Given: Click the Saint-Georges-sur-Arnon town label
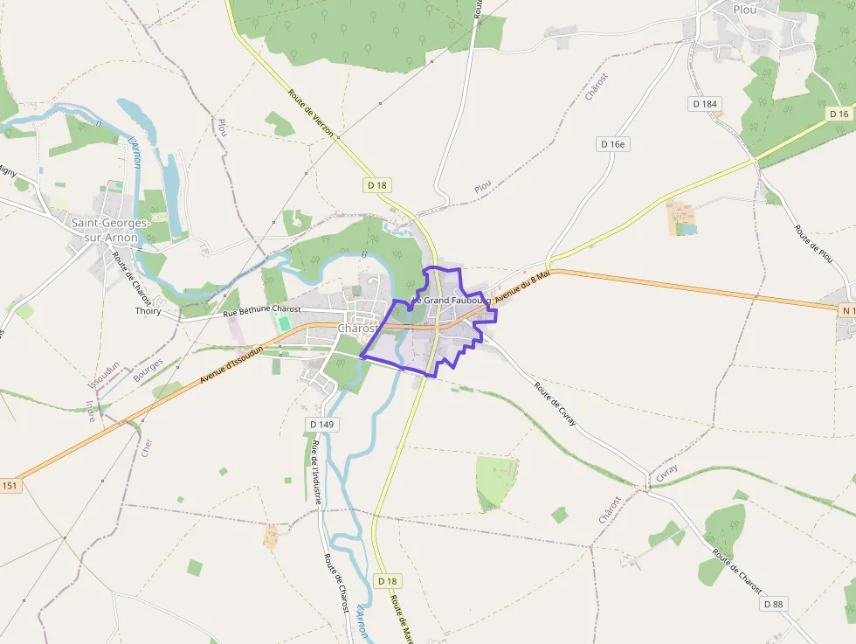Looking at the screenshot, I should (x=111, y=230).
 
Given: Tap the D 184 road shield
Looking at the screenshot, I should (x=705, y=104).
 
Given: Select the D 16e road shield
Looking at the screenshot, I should (x=615, y=144).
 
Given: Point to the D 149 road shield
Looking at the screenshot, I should (x=321, y=425).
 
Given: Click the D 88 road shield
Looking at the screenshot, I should (x=773, y=604).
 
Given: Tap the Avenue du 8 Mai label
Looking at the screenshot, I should (x=521, y=287).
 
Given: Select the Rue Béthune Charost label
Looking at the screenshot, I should (x=262, y=310).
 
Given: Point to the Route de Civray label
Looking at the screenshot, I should (x=556, y=405).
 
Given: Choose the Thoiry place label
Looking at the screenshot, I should (x=148, y=311).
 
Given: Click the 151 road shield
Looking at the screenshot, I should (x=10, y=486).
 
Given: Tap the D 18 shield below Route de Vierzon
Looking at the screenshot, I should (x=377, y=185).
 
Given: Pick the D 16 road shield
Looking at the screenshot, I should (x=839, y=114).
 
